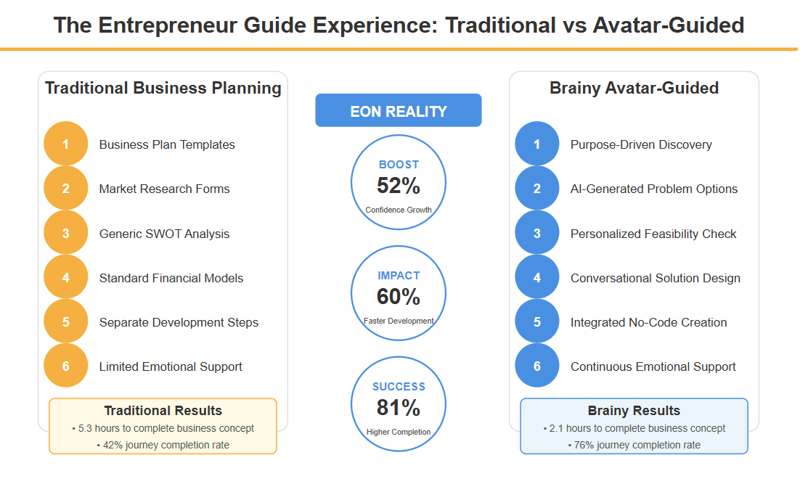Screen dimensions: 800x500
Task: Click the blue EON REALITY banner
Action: click(398, 110)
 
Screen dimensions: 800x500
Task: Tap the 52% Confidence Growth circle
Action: click(399, 182)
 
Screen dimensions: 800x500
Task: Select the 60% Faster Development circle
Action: click(399, 293)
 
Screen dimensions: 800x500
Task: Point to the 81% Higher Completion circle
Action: click(399, 404)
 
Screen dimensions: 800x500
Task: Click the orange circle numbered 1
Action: click(66, 144)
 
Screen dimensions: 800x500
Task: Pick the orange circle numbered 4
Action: click(66, 277)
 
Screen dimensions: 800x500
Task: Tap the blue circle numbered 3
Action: click(536, 233)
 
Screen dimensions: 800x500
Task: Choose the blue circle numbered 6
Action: click(536, 365)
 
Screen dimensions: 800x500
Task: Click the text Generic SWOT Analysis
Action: click(164, 234)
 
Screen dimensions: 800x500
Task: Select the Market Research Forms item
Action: click(164, 189)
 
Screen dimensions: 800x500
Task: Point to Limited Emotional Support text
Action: click(171, 366)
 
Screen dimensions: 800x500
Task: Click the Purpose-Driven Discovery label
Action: click(641, 144)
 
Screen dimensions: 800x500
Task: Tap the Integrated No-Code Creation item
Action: click(648, 322)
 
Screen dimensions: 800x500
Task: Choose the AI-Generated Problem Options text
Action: click(653, 189)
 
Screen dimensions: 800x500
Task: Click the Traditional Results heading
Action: click(163, 410)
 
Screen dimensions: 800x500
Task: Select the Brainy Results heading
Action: click(634, 410)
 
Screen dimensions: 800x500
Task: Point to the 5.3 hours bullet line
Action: click(163, 428)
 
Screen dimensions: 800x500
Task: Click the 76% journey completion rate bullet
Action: click(634, 445)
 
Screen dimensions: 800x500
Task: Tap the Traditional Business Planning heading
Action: click(163, 88)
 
